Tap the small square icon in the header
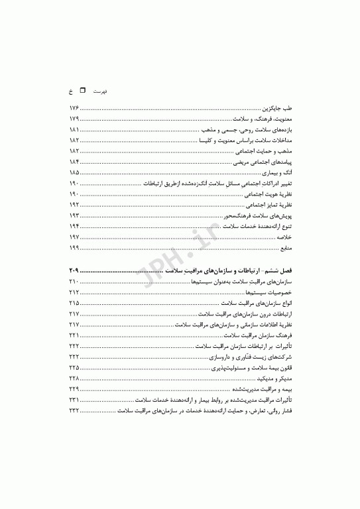click(x=83, y=87)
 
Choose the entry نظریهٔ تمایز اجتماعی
click(x=271, y=205)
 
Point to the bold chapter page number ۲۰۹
click(x=74, y=272)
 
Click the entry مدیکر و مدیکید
click(x=274, y=376)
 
